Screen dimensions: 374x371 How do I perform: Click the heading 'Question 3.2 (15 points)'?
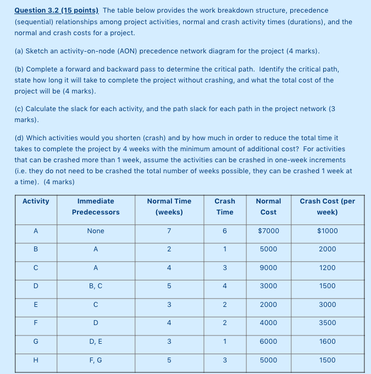tap(57, 10)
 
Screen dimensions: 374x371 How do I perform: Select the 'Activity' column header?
tap(36, 201)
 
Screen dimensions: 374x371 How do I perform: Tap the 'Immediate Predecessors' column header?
tap(96, 206)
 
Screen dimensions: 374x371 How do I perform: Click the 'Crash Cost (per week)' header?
tap(328, 206)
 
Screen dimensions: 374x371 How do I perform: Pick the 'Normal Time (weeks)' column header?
tap(169, 206)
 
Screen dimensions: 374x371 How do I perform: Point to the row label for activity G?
tap(36, 342)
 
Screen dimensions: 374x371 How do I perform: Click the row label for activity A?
tap(36, 231)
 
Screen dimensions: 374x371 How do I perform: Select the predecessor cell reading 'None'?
tap(96, 231)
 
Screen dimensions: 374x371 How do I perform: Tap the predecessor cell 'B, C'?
tap(96, 286)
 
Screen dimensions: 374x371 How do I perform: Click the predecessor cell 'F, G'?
tap(96, 360)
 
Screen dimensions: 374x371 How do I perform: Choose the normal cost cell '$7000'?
tap(268, 231)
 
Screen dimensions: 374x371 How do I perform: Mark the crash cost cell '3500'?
tap(328, 323)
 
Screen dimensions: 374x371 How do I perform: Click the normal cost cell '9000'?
tap(268, 268)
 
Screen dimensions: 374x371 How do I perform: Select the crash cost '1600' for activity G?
tap(328, 342)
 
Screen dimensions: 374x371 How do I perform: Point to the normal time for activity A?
tap(169, 231)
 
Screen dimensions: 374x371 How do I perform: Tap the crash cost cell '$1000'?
tap(328, 231)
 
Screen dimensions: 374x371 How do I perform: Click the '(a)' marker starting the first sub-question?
tap(19, 51)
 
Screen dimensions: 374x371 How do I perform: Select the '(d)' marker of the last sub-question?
tap(19, 138)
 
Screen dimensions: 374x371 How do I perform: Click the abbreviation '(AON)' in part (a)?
tap(128, 51)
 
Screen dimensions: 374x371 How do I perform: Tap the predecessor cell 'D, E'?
tap(96, 342)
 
